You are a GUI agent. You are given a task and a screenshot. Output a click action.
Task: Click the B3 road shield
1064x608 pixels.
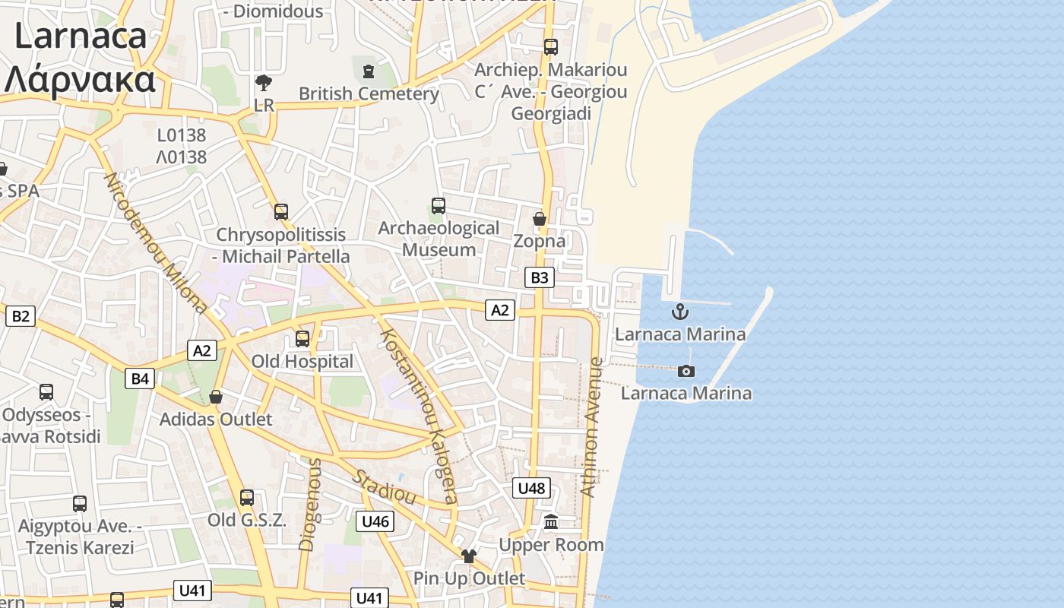click(539, 277)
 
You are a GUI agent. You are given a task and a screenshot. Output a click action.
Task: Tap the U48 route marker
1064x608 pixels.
click(531, 488)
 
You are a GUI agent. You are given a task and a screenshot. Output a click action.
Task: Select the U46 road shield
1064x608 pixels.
click(375, 521)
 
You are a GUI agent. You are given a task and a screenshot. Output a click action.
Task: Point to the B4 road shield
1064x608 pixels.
click(140, 378)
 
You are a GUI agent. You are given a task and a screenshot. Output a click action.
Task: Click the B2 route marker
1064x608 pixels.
click(21, 315)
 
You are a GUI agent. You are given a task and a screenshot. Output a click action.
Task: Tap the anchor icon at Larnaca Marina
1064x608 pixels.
click(680, 311)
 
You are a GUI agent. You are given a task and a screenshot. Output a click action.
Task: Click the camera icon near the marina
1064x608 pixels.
click(686, 371)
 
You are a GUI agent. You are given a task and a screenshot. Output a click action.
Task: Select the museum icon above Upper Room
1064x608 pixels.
click(551, 522)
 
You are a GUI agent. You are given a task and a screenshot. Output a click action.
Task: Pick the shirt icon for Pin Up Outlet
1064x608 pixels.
click(468, 556)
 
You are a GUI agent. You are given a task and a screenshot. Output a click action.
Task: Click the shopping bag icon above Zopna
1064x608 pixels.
click(540, 220)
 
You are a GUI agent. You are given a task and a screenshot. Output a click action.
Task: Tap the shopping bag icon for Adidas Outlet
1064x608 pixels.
click(216, 397)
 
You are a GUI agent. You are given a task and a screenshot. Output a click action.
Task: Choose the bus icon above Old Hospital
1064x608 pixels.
click(302, 339)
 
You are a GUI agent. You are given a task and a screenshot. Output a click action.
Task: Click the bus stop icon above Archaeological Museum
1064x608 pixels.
click(439, 206)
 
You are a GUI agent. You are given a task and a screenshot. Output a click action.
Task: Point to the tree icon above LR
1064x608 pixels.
click(264, 82)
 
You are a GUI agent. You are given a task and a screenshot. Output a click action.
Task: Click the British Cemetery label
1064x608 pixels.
click(369, 94)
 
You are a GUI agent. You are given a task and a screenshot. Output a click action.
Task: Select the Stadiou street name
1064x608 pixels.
click(384, 487)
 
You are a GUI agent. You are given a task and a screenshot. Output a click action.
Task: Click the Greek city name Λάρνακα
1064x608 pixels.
click(80, 79)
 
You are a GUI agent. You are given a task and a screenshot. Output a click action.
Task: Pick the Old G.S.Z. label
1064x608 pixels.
click(247, 521)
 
